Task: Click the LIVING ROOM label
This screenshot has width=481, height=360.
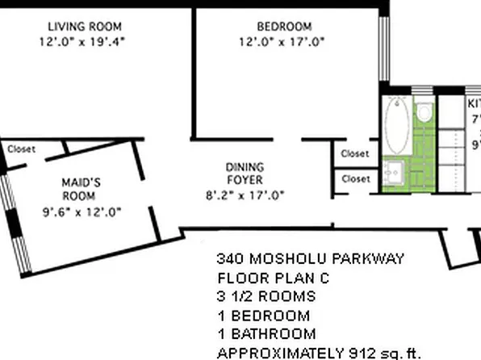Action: pyautogui.click(x=85, y=25)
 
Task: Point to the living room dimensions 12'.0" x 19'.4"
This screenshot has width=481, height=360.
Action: pyautogui.click(x=85, y=40)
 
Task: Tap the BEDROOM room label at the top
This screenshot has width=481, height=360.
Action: pyautogui.click(x=281, y=25)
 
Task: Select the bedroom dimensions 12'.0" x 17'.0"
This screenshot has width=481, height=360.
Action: pyautogui.click(x=281, y=41)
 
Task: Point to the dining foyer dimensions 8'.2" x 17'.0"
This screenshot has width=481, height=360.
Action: pyautogui.click(x=244, y=195)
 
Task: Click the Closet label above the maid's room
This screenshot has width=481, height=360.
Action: pyautogui.click(x=21, y=149)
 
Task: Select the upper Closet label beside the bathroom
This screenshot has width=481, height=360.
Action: pyautogui.click(x=355, y=153)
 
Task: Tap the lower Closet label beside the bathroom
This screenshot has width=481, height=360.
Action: pyautogui.click(x=355, y=178)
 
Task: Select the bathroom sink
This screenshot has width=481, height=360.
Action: pyautogui.click(x=395, y=172)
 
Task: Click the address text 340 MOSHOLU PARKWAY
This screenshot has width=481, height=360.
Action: pyautogui.click(x=310, y=260)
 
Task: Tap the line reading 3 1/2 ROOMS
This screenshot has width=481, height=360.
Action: pyautogui.click(x=265, y=297)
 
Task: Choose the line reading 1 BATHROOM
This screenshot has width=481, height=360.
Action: pyautogui.click(x=266, y=333)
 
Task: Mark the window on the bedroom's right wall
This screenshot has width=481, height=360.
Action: pyautogui.click(x=385, y=48)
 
